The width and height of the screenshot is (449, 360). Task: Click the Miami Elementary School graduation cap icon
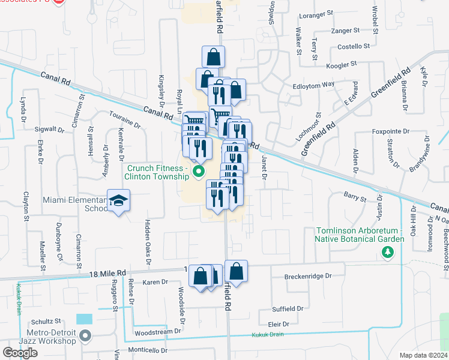coord(119,200)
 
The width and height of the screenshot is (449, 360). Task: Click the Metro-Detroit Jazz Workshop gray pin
coord(85,336)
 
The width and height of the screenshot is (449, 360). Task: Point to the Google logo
coord(20,353)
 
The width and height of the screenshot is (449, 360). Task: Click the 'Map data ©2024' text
coord(423,355)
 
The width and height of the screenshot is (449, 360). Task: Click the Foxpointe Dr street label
coord(390,130)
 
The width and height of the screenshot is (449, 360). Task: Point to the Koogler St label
coord(341,62)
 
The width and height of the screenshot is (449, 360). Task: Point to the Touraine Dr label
coord(124,119)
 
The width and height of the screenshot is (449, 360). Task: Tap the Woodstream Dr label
coord(158,331)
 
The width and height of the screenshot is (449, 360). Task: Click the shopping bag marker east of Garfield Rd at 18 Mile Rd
coord(237,272)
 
